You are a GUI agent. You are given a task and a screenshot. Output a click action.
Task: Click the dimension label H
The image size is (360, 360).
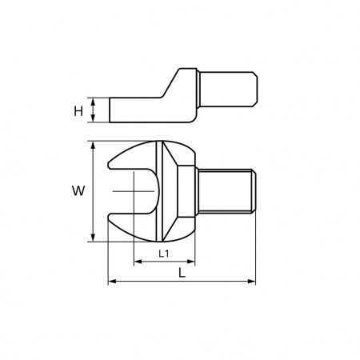pyautogui.click(x=78, y=111)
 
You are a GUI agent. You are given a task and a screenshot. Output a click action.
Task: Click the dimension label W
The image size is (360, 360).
pyautogui.click(x=78, y=191)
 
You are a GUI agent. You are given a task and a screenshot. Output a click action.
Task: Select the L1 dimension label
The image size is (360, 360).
pyautogui.click(x=164, y=254)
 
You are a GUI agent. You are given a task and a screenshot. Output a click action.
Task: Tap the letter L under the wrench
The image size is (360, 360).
pyautogui.click(x=182, y=273)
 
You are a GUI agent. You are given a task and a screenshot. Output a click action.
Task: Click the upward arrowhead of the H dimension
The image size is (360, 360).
pyautogui.click(x=93, y=101)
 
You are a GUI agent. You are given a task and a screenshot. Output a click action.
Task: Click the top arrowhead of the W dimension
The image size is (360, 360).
pyautogui.click(x=93, y=145)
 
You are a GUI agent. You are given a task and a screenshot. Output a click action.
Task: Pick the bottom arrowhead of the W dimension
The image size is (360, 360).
pyautogui.click(x=93, y=238)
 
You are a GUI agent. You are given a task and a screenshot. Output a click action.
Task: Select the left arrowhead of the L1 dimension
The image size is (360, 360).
pyautogui.click(x=138, y=262)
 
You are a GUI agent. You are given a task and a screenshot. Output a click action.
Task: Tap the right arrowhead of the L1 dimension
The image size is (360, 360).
pyautogui.click(x=191, y=262)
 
